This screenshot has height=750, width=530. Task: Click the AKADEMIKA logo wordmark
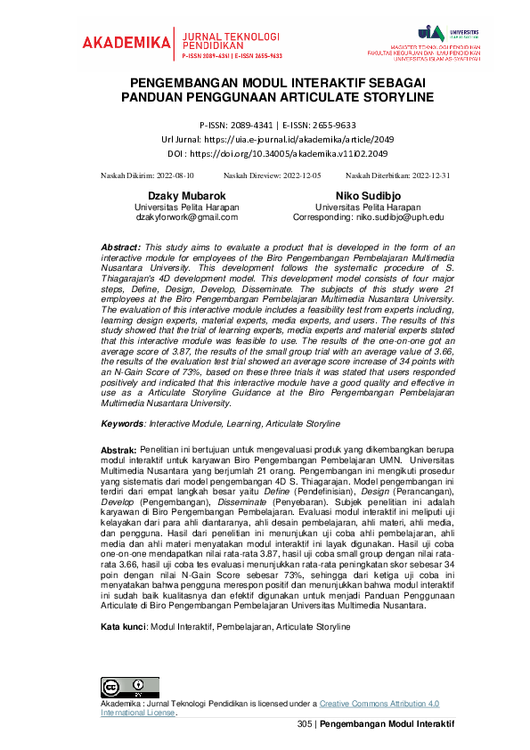[x=126, y=42]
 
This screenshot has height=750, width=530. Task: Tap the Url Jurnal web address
[x=289, y=140]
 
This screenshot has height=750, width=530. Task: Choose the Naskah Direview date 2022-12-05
[x=301, y=176]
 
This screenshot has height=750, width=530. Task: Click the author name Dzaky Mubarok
[x=186, y=195]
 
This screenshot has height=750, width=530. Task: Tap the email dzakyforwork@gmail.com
[x=186, y=216]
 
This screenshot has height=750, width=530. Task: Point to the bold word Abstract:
[x=121, y=247]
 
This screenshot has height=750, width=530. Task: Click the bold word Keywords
[x=122, y=423]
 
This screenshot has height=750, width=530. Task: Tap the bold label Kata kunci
[x=123, y=602]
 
